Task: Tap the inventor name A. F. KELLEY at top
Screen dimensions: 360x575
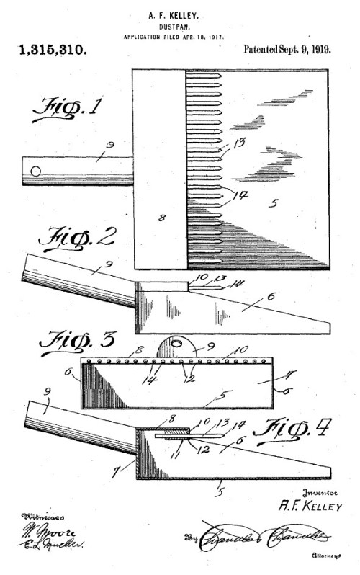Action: pos(180,12)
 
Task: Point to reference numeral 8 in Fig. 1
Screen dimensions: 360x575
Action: pos(162,215)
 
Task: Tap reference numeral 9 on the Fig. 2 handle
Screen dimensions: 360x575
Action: pos(106,266)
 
